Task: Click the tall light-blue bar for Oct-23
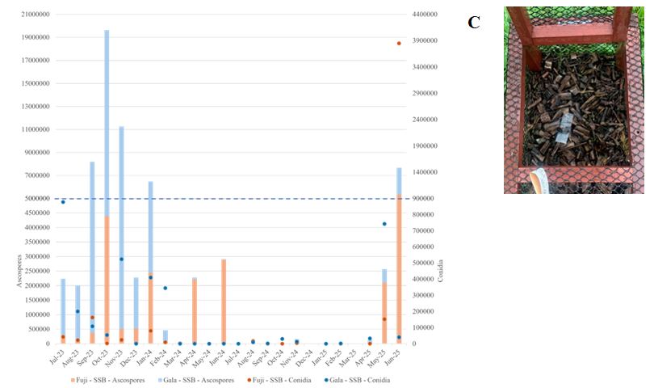pyautogui.click(x=107, y=121)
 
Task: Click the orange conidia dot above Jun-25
pyautogui.click(x=399, y=43)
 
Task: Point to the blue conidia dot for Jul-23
pyautogui.click(x=63, y=201)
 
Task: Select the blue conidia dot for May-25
pyautogui.click(x=384, y=224)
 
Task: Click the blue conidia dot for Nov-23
pyautogui.click(x=121, y=259)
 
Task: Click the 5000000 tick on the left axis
pyautogui.click(x=37, y=199)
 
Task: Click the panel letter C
pyautogui.click(x=474, y=23)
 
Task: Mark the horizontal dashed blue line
pyautogui.click(x=242, y=199)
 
